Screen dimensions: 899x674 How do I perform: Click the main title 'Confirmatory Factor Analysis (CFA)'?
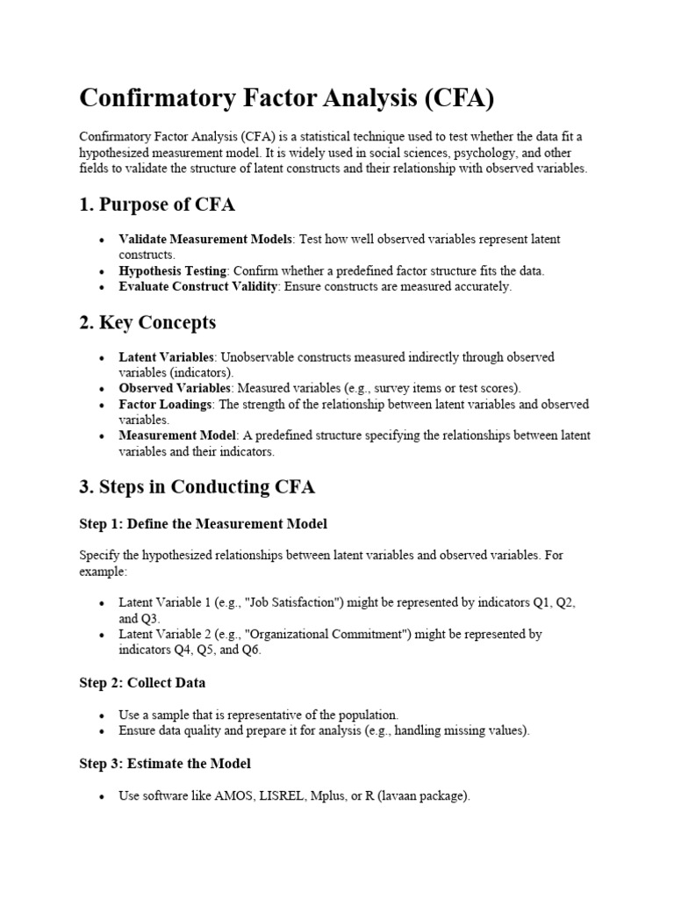click(x=287, y=97)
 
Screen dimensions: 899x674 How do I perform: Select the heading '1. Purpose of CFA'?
click(x=157, y=205)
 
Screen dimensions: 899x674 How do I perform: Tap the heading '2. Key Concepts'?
click(x=147, y=323)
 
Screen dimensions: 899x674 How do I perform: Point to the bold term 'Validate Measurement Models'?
click(x=206, y=240)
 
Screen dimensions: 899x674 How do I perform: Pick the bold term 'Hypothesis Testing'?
click(x=173, y=270)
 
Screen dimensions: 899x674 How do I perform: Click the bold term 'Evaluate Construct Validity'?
click(x=199, y=286)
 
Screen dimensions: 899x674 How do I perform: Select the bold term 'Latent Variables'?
click(x=166, y=357)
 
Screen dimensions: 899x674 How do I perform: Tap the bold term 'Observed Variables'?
click(x=174, y=388)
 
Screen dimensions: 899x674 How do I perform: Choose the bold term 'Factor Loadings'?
click(x=164, y=405)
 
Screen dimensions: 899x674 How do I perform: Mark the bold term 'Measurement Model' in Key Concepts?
click(x=177, y=435)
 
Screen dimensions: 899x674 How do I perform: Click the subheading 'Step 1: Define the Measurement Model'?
click(x=203, y=524)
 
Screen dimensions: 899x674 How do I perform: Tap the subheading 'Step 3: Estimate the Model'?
click(x=165, y=764)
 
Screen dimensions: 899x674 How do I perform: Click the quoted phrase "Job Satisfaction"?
click(x=298, y=603)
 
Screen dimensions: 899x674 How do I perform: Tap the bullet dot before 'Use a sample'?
click(x=103, y=716)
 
